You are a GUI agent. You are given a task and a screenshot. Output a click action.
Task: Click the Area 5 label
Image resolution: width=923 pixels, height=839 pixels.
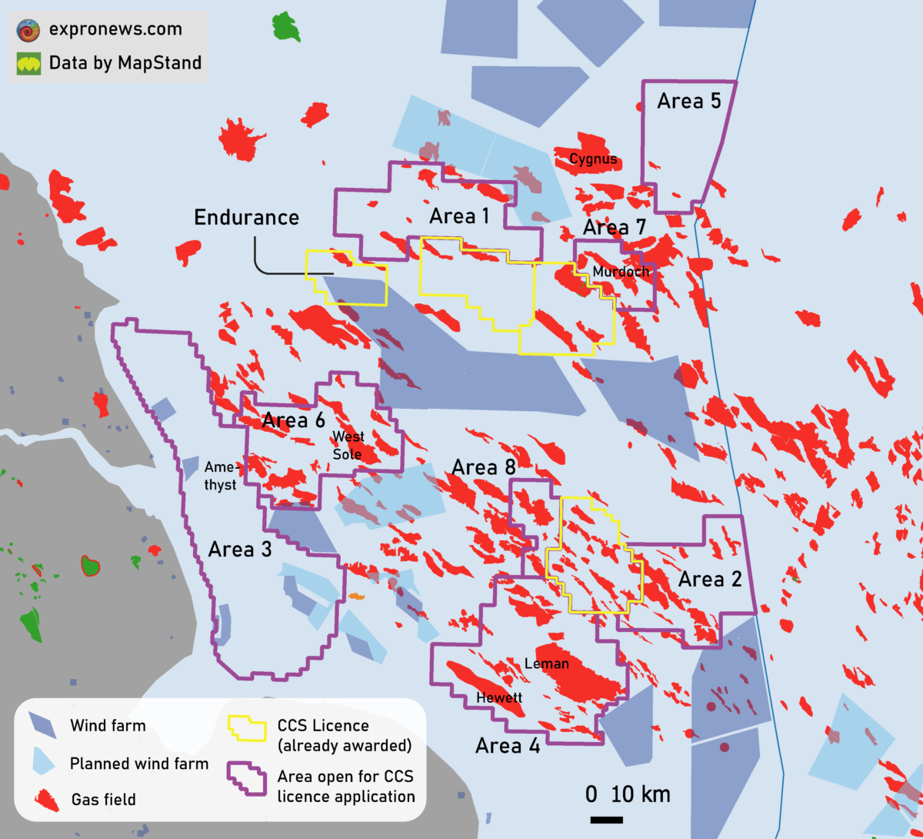(689, 102)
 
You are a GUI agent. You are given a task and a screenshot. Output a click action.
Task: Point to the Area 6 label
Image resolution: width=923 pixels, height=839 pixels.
(293, 420)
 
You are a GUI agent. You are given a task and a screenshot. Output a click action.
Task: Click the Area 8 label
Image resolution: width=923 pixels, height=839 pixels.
(483, 467)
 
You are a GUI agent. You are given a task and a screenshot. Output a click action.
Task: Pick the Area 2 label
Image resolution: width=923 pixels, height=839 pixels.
(710, 580)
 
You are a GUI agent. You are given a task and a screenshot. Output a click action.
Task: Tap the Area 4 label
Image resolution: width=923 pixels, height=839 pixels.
(508, 745)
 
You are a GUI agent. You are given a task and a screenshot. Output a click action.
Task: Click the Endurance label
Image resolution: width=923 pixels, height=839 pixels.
(246, 218)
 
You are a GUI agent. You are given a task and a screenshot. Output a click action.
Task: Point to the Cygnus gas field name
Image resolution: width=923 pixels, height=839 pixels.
(593, 159)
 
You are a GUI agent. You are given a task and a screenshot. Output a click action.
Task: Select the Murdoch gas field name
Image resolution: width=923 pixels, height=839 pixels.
(621, 272)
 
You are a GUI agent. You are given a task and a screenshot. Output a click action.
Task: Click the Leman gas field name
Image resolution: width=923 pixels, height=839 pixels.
(546, 664)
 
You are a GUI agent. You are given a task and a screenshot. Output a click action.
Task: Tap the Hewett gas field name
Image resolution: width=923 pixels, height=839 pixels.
(499, 698)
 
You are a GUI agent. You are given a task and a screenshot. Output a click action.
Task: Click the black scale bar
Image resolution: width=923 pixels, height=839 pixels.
(606, 820)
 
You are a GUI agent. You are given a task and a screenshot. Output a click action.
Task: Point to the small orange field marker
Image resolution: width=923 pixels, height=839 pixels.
(356, 596)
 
